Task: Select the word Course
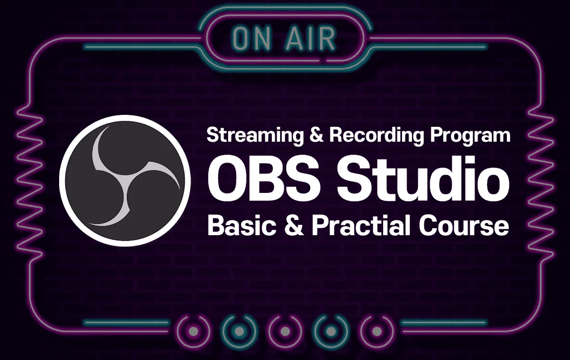click(x=464, y=226)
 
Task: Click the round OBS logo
click(x=125, y=180)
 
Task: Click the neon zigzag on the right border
click(x=541, y=180)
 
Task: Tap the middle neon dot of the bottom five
click(x=285, y=332)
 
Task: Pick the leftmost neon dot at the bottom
click(x=194, y=332)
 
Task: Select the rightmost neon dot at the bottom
click(x=377, y=332)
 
